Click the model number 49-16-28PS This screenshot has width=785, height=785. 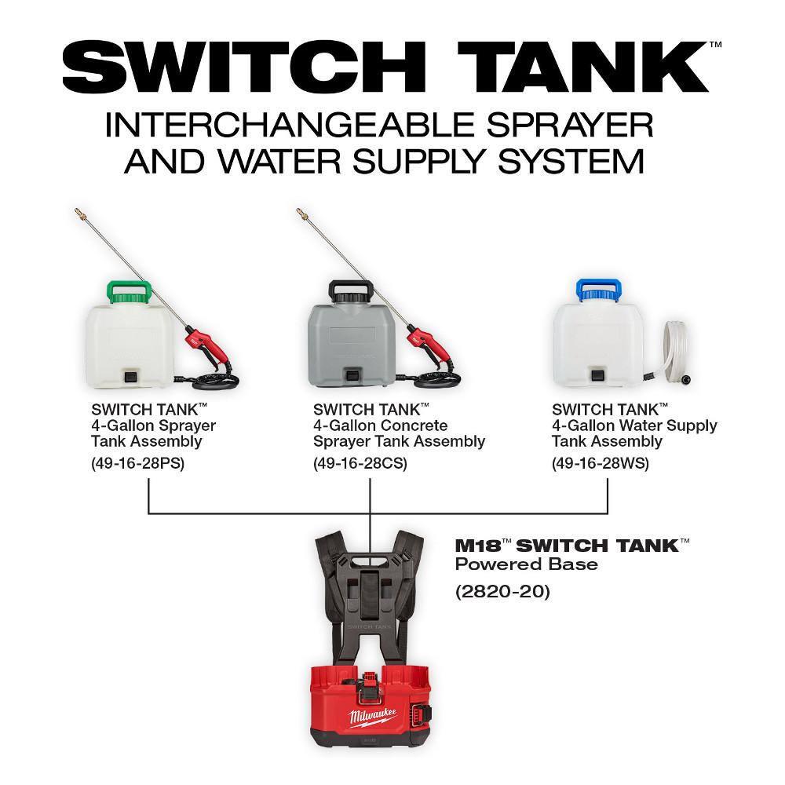coord(137,462)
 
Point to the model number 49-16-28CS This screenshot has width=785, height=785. coord(360,462)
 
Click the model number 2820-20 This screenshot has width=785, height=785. coord(502,591)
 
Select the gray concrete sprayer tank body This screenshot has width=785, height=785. coord(354,338)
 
